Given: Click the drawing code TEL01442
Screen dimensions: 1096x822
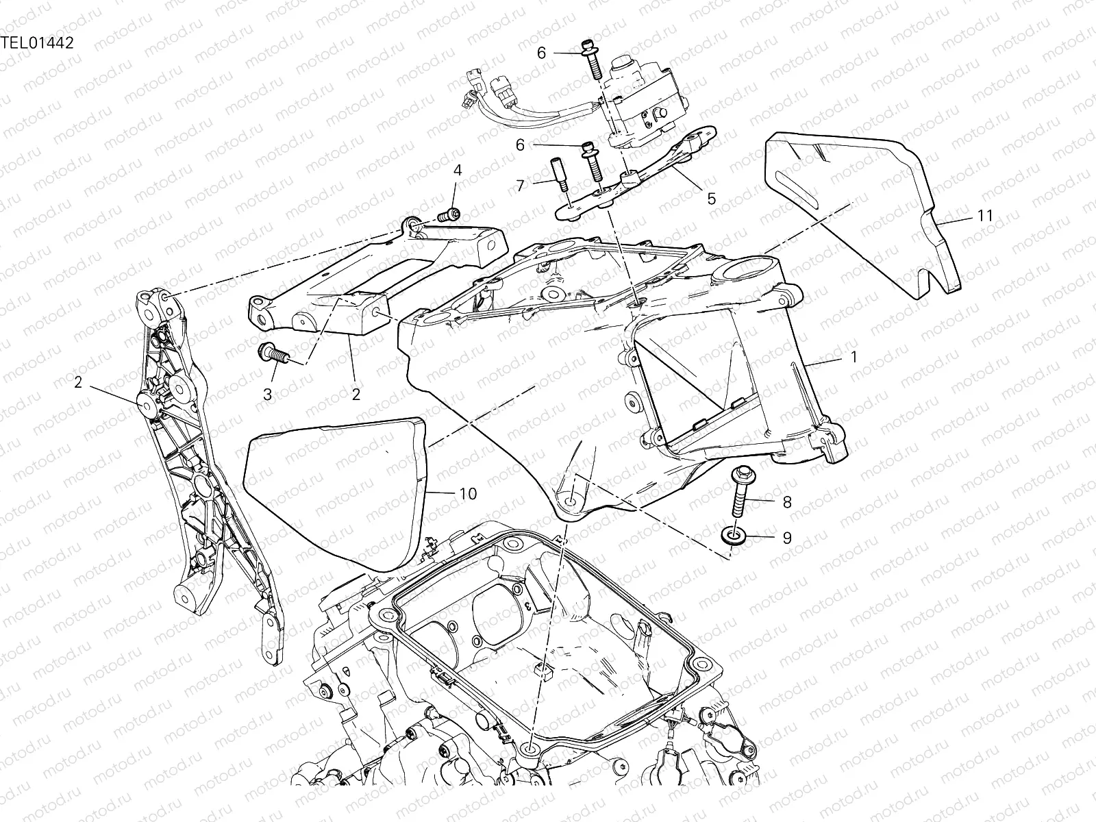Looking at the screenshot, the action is click(x=38, y=43).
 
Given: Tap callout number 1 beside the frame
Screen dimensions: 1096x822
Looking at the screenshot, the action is click(x=854, y=357).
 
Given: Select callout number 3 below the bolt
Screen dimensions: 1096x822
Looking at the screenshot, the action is click(x=268, y=395).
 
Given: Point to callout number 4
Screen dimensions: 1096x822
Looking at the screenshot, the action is click(x=458, y=171).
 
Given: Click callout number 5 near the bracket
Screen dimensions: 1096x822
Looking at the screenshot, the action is click(x=712, y=199).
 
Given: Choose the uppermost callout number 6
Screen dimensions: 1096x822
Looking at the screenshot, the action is click(x=542, y=53).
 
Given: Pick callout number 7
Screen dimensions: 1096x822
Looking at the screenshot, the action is click(x=521, y=186).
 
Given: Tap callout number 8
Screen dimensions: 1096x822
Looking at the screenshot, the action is click(x=787, y=502).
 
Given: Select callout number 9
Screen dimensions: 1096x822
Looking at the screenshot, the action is click(x=787, y=538).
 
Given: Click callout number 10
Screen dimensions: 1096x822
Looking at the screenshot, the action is click(x=468, y=494).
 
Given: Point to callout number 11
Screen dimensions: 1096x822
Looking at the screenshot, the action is click(x=985, y=216).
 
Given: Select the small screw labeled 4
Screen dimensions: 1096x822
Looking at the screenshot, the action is click(x=449, y=216).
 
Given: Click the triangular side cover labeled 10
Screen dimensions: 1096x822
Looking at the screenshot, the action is click(x=334, y=493).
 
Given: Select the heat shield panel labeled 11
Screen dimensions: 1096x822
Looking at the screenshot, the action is click(x=861, y=214).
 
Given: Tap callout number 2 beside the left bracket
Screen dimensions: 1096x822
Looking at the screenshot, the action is click(x=78, y=382).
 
